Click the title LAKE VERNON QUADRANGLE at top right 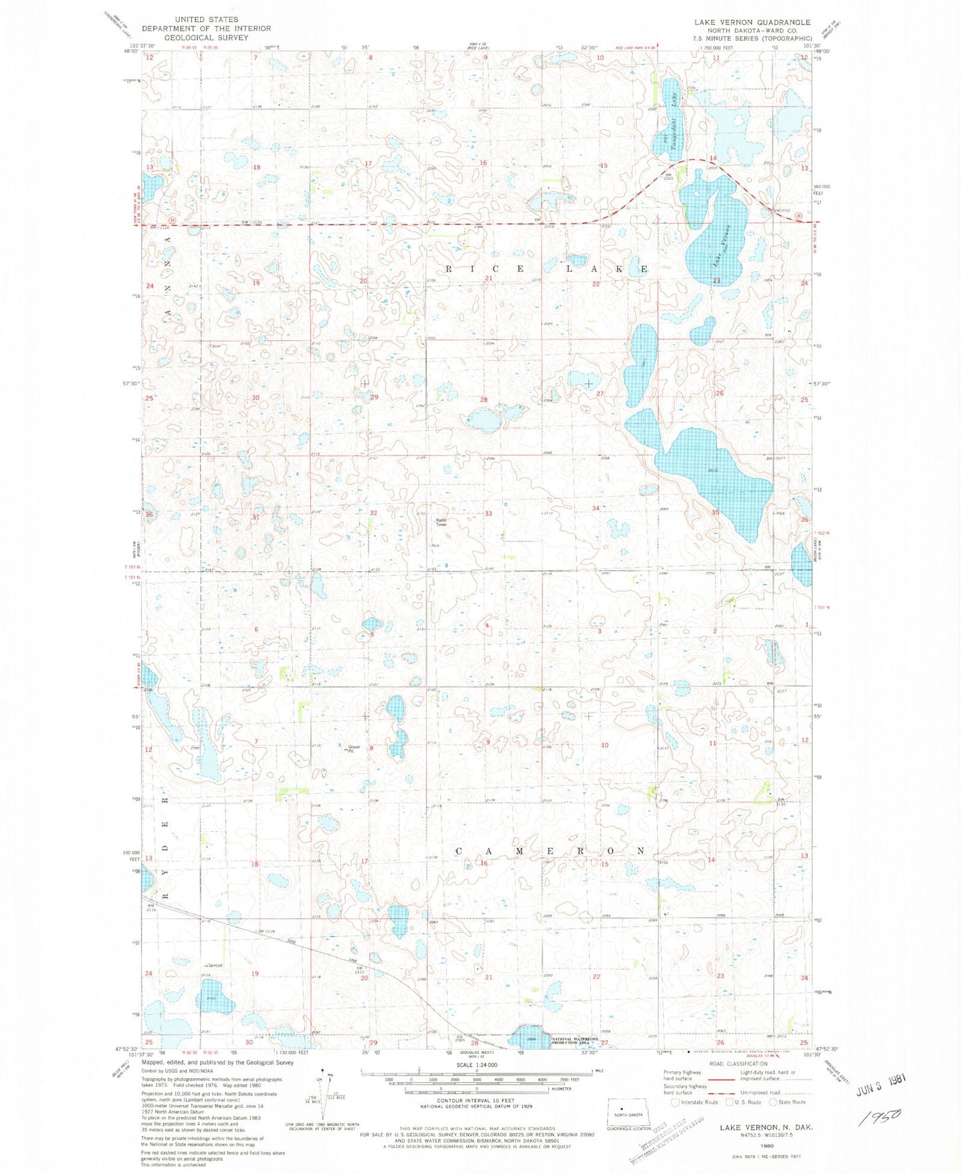pos(752,23)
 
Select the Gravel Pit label pos(353,748)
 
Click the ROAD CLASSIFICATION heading pos(738,1064)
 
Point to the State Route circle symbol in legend pos(773,1102)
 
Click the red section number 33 pos(488,513)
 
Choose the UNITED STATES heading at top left pos(206,19)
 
